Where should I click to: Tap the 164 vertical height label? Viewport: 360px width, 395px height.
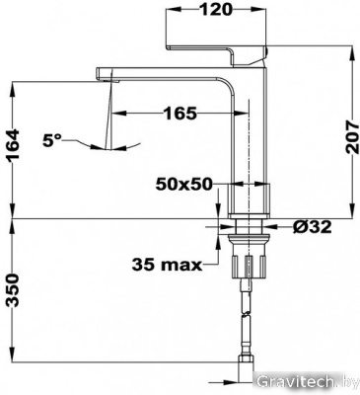pos(14,150)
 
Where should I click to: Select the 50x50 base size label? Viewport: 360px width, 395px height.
pos(184,184)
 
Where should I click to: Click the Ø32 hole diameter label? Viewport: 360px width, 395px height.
pos(310,227)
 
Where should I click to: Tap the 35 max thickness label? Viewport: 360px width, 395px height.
pos(168,264)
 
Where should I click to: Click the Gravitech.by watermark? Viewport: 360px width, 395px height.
pos(305,381)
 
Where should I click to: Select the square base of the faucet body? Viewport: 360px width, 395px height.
pos(247,198)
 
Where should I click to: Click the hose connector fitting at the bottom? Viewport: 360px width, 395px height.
pos(247,369)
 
